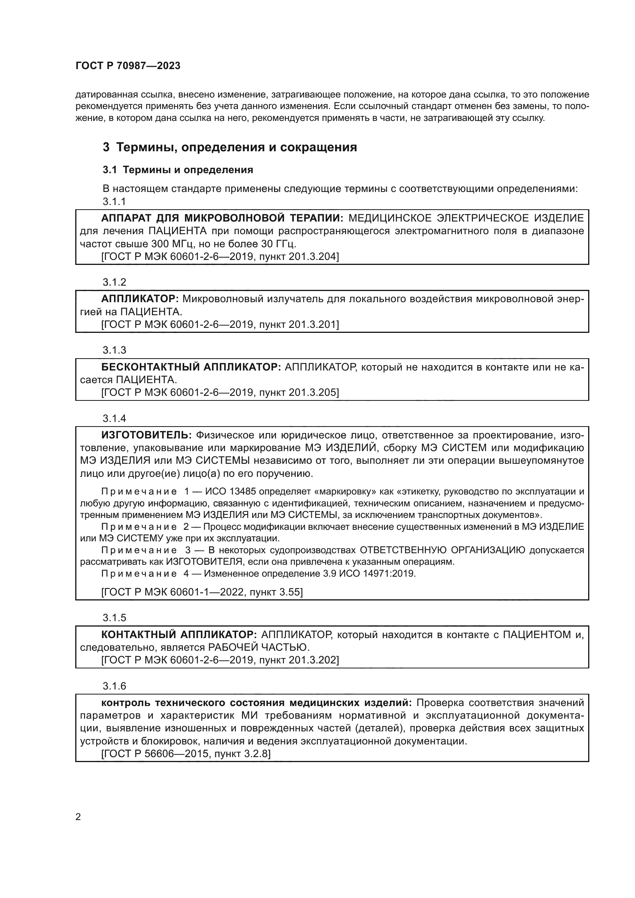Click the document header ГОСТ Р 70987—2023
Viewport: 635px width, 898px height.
coord(128,66)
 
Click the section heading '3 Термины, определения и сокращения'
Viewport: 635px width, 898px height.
coord(230,147)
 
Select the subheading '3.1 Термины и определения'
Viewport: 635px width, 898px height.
coord(178,170)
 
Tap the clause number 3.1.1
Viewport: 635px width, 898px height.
coord(114,202)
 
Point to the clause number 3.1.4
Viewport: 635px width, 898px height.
coord(114,418)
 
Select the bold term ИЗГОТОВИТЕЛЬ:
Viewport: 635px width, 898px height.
coord(146,435)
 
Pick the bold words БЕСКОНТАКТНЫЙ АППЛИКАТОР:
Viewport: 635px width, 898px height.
coord(191,367)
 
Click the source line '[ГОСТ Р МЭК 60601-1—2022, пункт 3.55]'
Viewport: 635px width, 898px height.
coord(202,592)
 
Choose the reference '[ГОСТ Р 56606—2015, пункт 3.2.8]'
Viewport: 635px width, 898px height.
coord(186,754)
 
